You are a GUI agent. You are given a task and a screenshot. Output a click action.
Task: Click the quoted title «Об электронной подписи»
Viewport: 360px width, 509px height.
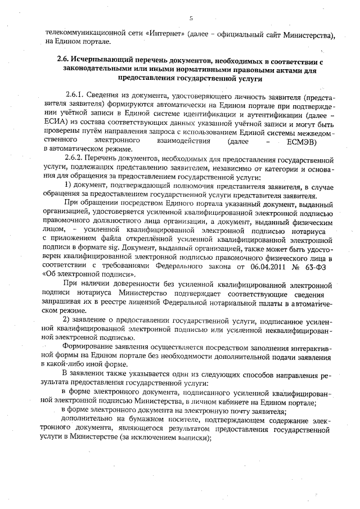(83, 274)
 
